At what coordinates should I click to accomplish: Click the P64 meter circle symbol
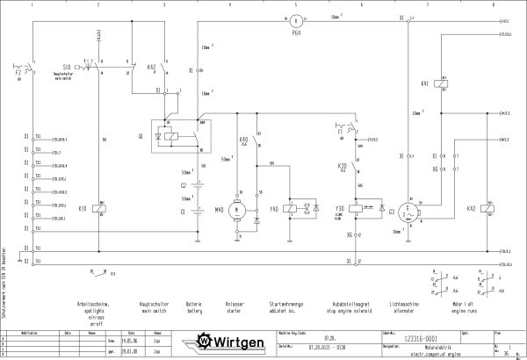pos(297,18)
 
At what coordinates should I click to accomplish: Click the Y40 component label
pos(273,209)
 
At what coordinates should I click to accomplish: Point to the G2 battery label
pos(184,185)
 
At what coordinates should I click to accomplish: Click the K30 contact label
pos(343,164)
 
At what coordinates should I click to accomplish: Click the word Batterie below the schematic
pos(194,304)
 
